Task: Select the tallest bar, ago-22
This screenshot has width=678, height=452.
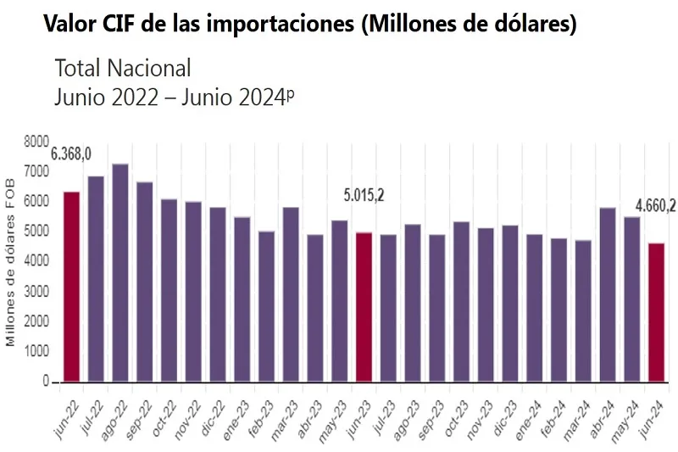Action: pyautogui.click(x=120, y=272)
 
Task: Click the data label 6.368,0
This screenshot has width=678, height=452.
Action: pyautogui.click(x=71, y=153)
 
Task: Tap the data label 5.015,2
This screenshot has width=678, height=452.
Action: pyautogui.click(x=364, y=195)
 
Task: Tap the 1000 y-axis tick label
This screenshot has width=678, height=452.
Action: pyautogui.click(x=36, y=351)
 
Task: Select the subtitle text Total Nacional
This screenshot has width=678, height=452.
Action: pyautogui.click(x=123, y=68)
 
